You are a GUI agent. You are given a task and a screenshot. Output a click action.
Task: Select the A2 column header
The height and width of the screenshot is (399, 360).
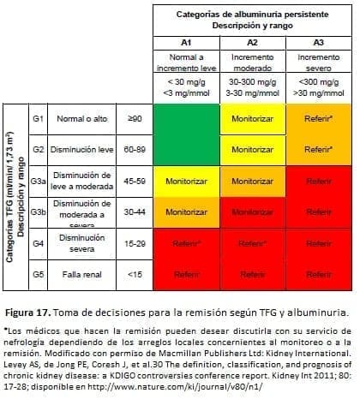(252, 41)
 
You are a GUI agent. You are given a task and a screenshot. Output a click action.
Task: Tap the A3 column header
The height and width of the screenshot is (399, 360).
(318, 41)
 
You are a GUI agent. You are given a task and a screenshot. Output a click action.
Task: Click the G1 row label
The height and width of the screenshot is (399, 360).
(37, 120)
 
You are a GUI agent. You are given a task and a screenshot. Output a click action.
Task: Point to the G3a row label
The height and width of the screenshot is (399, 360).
(38, 182)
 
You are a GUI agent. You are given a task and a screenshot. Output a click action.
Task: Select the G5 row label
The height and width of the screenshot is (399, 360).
(37, 274)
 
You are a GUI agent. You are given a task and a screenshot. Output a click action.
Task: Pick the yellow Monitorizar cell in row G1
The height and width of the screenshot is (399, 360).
(252, 120)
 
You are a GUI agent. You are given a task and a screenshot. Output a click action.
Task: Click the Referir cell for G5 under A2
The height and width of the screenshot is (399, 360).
(252, 274)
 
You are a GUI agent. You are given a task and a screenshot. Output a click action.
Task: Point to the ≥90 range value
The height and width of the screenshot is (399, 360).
(134, 120)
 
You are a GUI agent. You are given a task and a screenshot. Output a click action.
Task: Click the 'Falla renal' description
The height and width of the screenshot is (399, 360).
(82, 274)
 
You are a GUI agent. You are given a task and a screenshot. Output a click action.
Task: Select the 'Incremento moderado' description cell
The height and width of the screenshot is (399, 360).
(252, 62)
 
